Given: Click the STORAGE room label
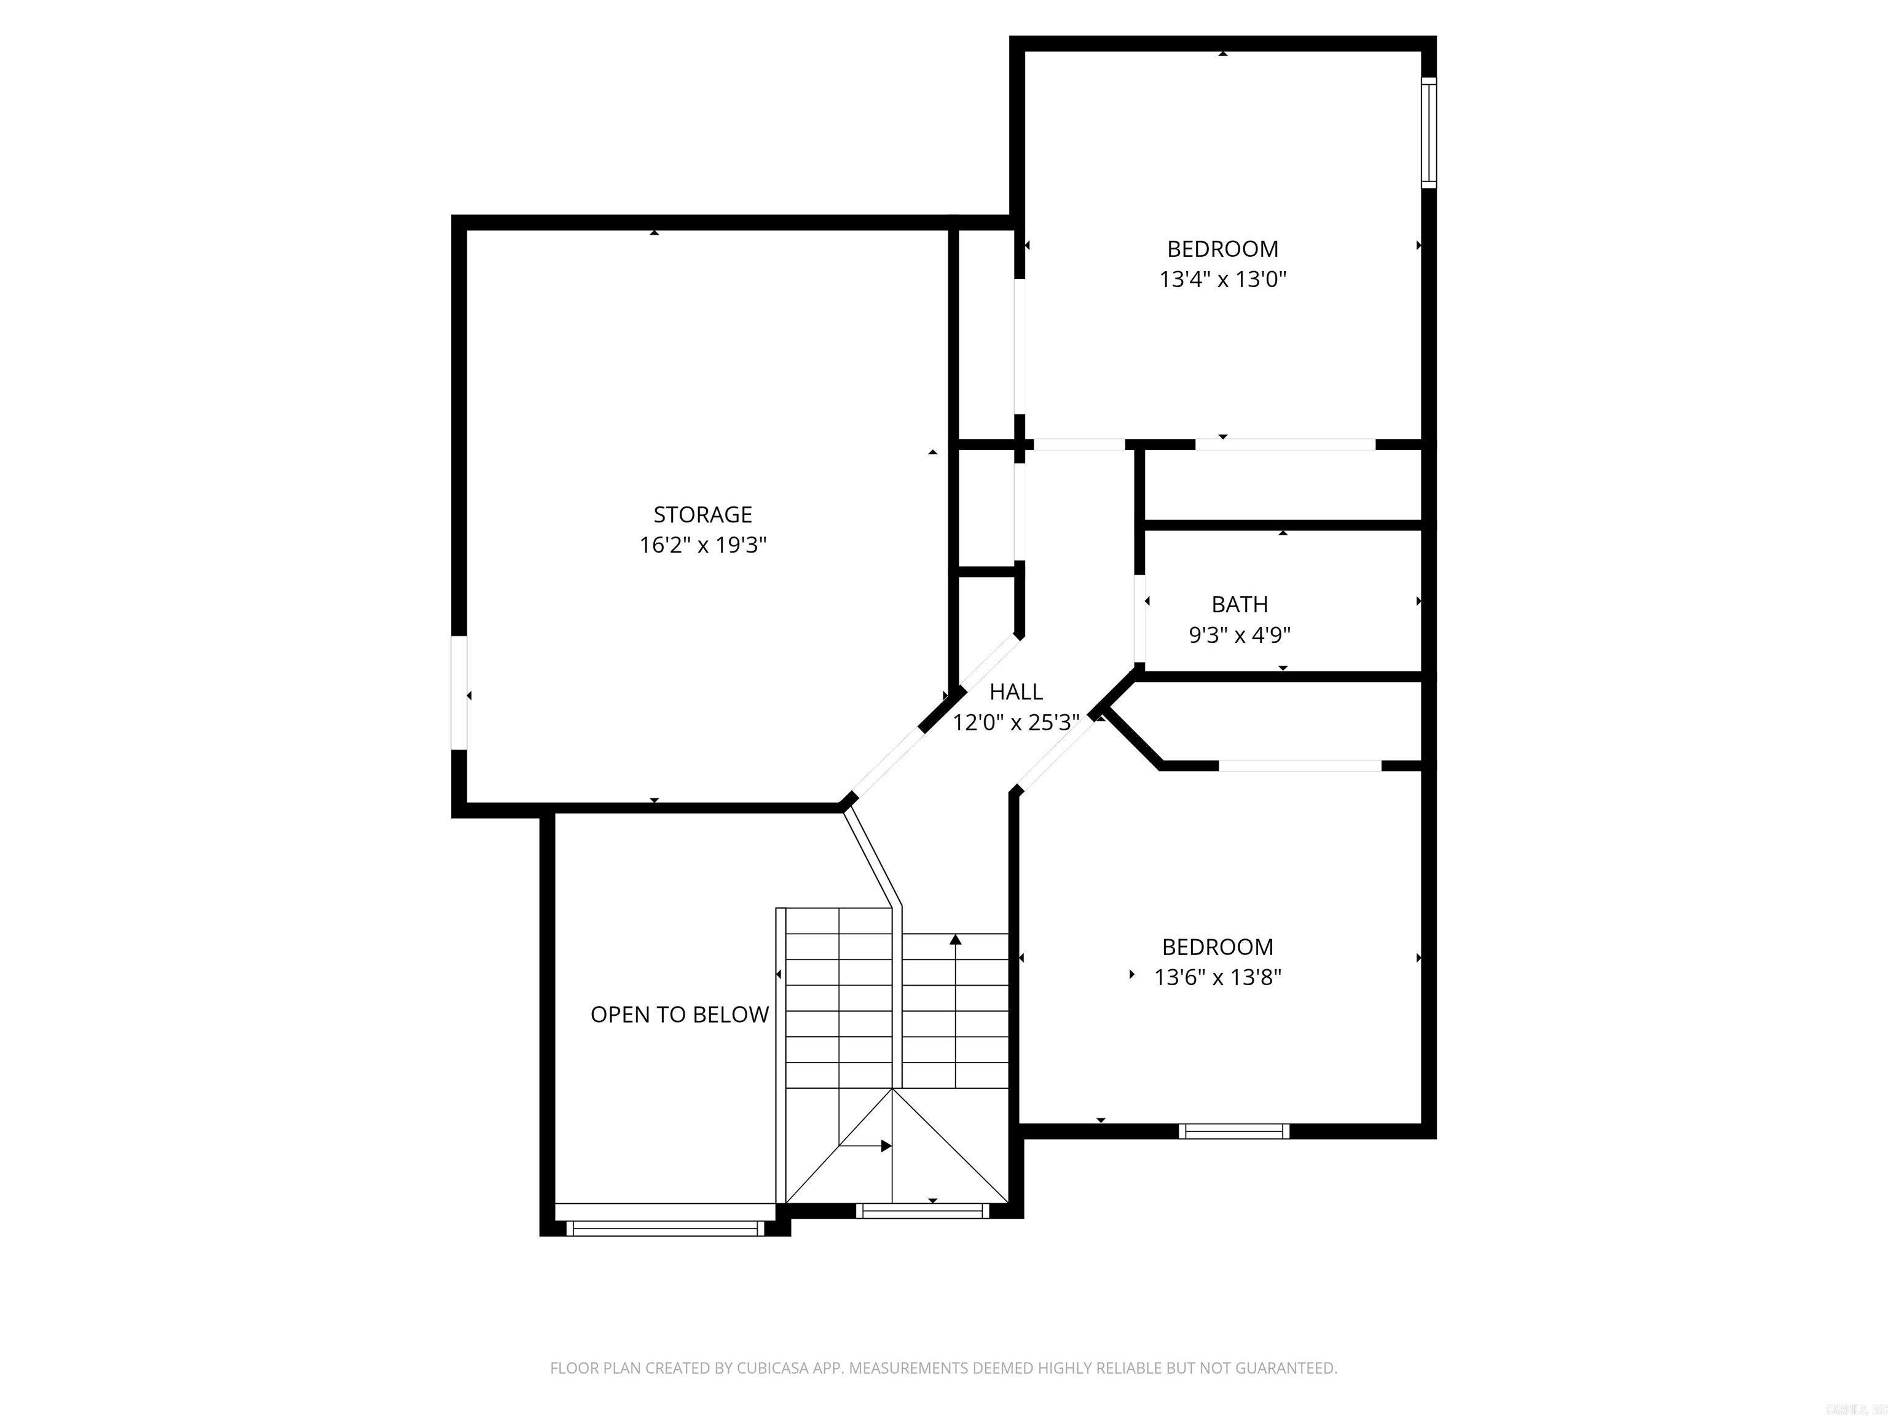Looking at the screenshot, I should click(702, 514).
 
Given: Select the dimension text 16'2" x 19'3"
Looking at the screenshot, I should click(702, 545).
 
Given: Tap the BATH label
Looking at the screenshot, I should click(1240, 604).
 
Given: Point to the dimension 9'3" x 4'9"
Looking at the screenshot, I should click(1240, 635).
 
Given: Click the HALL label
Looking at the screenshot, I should click(1016, 691).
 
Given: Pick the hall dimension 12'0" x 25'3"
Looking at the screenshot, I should click(1016, 723).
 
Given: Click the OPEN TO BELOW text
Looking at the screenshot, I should click(679, 1014).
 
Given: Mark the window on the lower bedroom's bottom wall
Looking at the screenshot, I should click(1233, 1131).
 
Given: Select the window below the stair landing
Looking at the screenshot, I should click(922, 1209).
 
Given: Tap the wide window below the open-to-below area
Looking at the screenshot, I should click(666, 1228).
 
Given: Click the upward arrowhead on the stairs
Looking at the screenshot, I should click(955, 940).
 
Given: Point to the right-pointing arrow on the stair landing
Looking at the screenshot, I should click(886, 1146).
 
